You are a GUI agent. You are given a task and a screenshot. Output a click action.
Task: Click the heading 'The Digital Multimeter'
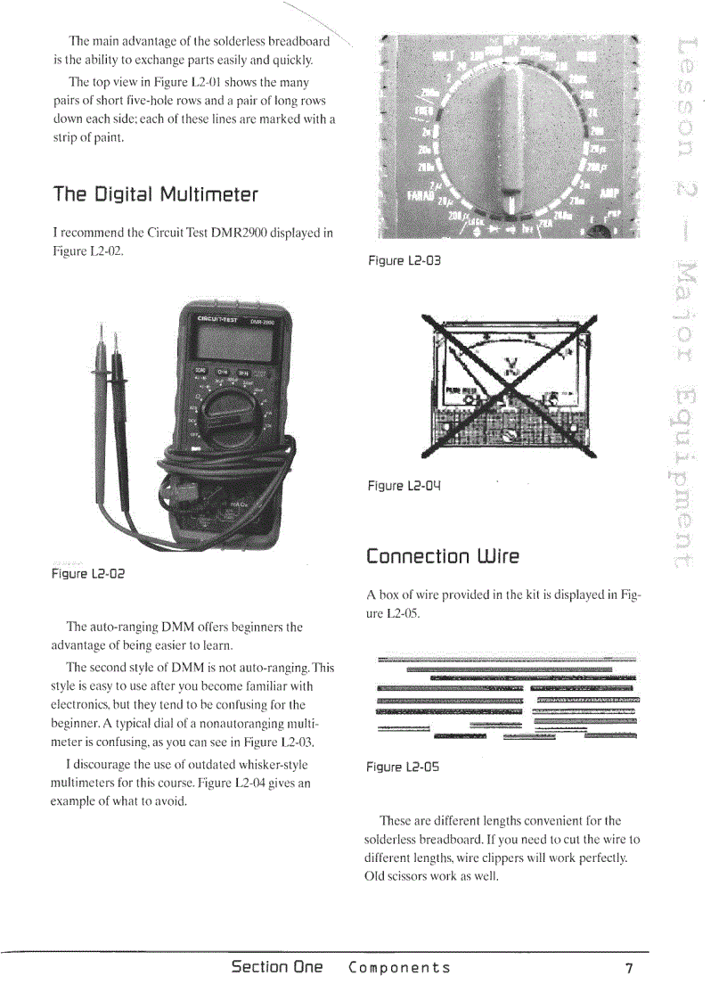click(155, 194)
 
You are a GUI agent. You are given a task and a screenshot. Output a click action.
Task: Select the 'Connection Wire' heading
click(442, 557)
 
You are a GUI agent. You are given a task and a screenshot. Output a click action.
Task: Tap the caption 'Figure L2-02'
click(86, 574)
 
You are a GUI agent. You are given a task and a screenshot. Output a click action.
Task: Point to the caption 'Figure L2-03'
click(404, 261)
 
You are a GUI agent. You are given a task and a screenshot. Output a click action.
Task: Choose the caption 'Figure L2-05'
click(403, 767)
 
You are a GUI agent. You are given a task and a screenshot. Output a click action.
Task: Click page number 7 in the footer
click(629, 969)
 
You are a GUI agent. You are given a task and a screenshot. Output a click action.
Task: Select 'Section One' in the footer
click(276, 968)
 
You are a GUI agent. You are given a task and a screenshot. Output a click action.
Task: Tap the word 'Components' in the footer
click(399, 968)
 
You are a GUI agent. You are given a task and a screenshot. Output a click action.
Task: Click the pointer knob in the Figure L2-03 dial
click(510, 134)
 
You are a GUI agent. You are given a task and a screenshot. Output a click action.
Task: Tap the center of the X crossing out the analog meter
click(510, 385)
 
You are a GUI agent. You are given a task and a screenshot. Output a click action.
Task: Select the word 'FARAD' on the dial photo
click(419, 196)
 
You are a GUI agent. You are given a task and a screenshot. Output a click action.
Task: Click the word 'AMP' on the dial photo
click(609, 193)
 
